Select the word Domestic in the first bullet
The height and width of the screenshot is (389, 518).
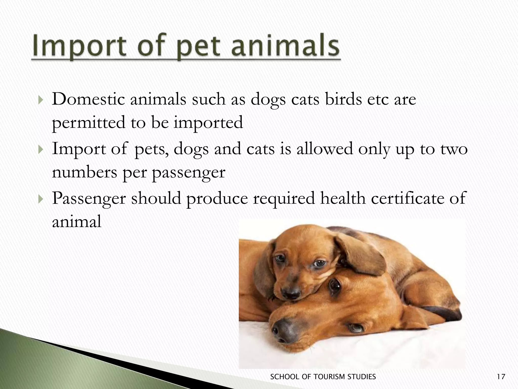pos(88,99)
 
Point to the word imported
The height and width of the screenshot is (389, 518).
pos(208,123)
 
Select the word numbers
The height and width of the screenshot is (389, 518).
pos(84,173)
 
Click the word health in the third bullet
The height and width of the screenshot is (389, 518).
pos(343,198)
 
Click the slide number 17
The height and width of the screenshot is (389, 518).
pos(501,377)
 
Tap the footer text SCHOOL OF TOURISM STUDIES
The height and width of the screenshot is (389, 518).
pos(323,377)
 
